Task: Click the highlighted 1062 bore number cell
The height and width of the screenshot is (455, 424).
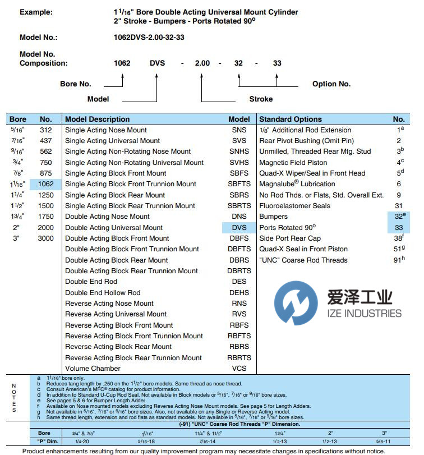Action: (45, 184)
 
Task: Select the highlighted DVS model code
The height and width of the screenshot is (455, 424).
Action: (239, 228)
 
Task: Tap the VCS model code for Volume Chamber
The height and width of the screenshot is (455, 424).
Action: (239, 369)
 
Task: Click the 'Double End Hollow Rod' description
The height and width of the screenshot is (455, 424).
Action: (103, 293)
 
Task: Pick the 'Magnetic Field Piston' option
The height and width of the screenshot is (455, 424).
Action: (293, 163)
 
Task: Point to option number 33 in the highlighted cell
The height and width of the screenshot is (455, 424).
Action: (399, 228)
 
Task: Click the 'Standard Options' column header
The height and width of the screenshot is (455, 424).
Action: (291, 119)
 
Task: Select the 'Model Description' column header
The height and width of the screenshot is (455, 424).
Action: (97, 119)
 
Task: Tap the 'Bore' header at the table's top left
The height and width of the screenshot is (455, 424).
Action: (18, 119)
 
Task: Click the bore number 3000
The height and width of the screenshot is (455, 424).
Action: (45, 238)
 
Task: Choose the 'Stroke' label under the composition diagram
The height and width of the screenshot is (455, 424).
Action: (261, 99)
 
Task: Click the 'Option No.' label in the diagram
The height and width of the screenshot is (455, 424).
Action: (331, 84)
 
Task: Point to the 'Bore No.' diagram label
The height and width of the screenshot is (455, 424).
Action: (76, 84)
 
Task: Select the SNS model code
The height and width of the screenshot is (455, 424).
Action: (239, 130)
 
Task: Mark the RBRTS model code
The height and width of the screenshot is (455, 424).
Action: (239, 358)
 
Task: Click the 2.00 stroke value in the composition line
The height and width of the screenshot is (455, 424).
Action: (202, 63)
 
